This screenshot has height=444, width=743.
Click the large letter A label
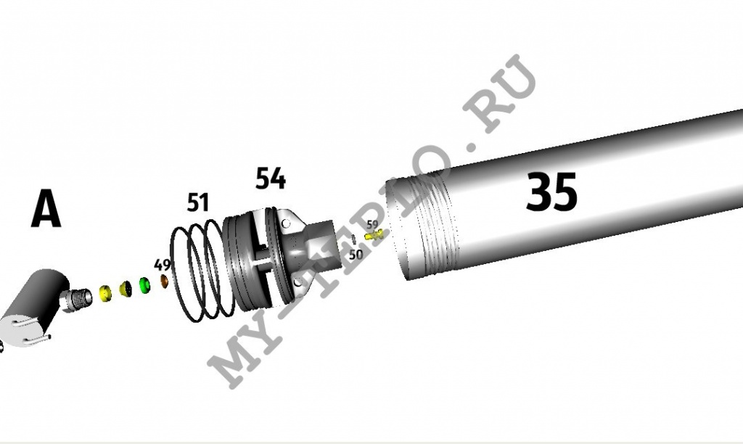[46, 208]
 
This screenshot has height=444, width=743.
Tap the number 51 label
[198, 202]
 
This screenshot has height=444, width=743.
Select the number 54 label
[271, 178]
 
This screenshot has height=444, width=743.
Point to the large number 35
[551, 192]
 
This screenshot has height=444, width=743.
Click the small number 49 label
[162, 265]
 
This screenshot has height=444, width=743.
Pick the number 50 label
[356, 255]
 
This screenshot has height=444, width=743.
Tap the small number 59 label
[372, 225]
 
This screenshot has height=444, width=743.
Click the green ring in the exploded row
[144, 286]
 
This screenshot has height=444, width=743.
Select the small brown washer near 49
[165, 281]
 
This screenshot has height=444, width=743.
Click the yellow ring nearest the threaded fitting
[104, 293]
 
